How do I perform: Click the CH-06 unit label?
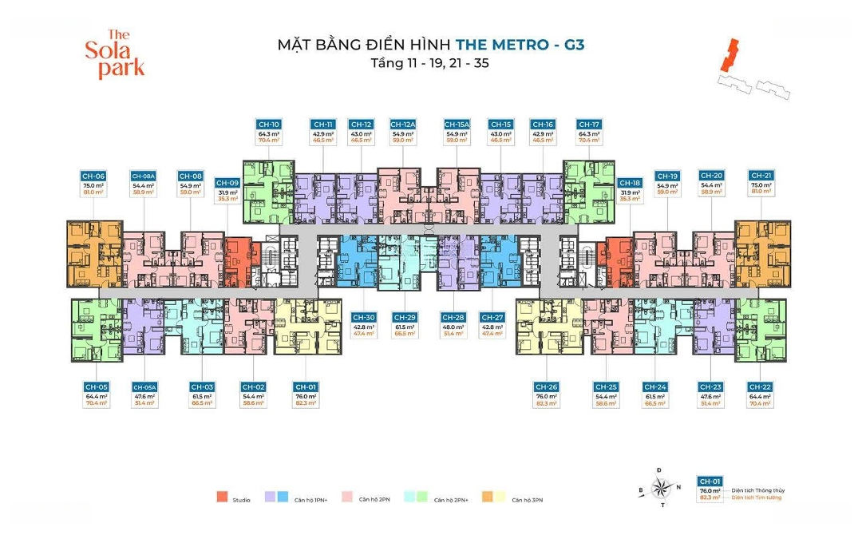click(93, 176)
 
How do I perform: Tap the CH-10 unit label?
click(268, 125)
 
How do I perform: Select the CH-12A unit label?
click(401, 125)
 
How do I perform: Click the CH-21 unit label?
click(761, 176)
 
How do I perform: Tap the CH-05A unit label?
click(144, 387)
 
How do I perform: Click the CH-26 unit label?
click(546, 387)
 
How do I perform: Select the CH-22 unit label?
click(761, 387)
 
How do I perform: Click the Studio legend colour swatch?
click(220, 498)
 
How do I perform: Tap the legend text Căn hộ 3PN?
click(527, 500)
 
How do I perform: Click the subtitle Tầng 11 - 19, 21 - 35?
click(429, 63)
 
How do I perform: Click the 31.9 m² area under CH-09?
click(227, 192)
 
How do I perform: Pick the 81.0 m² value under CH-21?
click(761, 192)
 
